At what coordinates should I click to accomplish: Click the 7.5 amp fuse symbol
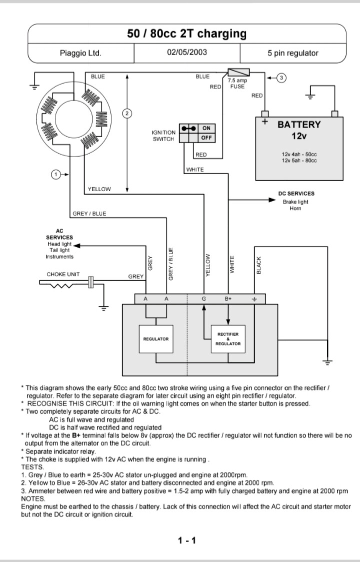point(239,73)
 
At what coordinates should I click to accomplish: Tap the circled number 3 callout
point(282,78)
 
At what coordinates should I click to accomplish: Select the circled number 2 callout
point(127,114)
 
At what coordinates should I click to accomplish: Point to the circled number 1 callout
point(56,175)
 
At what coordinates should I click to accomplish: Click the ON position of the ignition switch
point(206,128)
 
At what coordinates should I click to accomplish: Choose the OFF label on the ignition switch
point(206,138)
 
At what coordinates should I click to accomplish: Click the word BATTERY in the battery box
point(299,125)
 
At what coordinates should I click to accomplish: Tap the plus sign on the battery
point(264,122)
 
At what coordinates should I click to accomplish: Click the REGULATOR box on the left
point(156,339)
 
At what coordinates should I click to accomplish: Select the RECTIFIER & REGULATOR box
point(228,339)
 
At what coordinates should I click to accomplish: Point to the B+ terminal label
point(228,299)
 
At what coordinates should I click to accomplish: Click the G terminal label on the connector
point(204,299)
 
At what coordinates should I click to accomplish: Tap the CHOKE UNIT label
point(63,275)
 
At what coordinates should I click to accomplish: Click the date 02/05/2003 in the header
point(187,53)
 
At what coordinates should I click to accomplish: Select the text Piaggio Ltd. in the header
point(80,54)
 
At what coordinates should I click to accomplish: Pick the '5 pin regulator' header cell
point(292,54)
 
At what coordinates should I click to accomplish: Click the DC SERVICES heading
point(296,194)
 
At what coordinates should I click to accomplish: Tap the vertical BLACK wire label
point(259,265)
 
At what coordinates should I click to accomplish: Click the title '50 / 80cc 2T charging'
point(187,34)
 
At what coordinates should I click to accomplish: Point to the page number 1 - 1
point(187,540)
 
